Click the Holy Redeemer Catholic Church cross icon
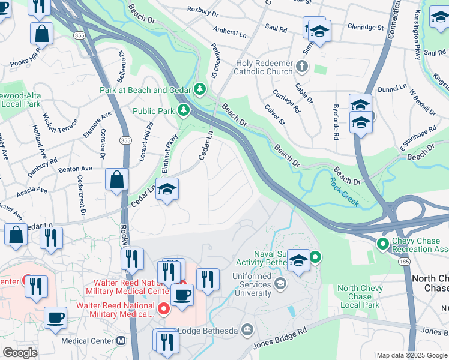[302, 66]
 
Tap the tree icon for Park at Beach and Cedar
[200, 90]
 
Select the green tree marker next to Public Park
[184, 110]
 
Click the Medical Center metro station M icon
[121, 341]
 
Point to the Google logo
[20, 352]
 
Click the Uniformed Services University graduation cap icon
[279, 282]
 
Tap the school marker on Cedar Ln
[167, 190]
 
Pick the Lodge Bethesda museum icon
[247, 329]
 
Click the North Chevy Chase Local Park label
[359, 297]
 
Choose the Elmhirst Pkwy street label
[172, 149]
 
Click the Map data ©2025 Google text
[411, 355]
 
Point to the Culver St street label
[274, 115]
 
